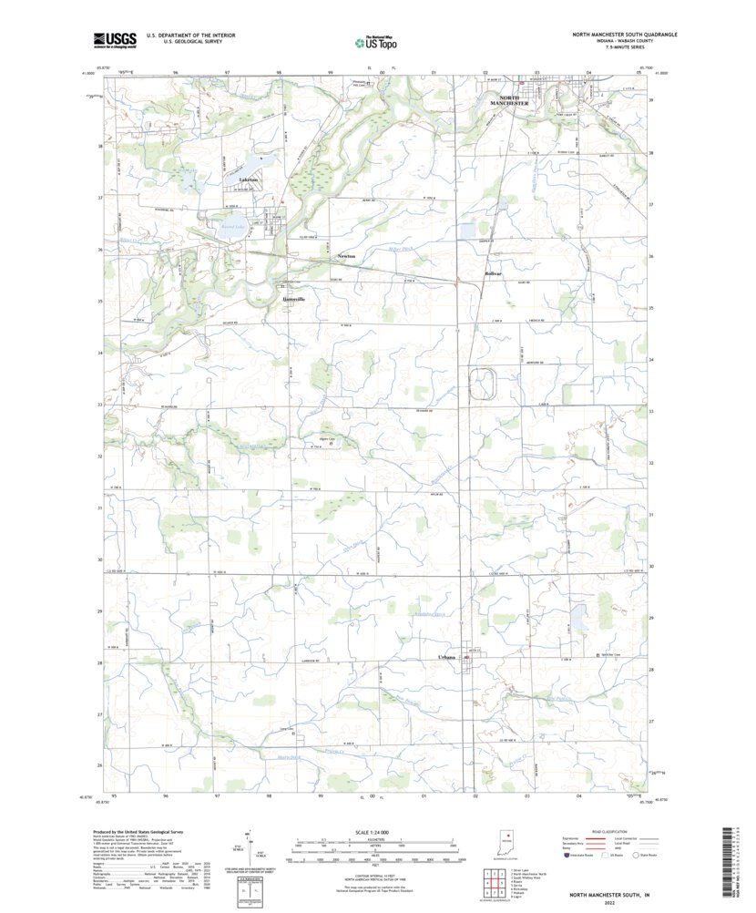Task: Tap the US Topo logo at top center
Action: point(376,40)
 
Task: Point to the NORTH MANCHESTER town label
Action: point(510,101)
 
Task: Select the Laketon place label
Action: point(248,180)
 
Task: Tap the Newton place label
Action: point(346,256)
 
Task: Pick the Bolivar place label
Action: point(493,272)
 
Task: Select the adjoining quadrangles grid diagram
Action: point(491,881)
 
